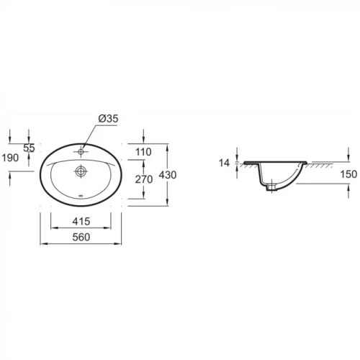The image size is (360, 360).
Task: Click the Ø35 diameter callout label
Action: tap(108, 119)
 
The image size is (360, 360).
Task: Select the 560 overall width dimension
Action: tap(81, 237)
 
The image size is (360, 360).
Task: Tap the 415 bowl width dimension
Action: tap(81, 221)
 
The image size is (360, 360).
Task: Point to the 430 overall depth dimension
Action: tap(168, 175)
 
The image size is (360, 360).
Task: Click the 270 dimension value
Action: tap(144, 179)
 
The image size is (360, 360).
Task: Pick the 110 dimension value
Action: tap(143, 152)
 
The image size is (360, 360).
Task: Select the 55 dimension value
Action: tap(29, 148)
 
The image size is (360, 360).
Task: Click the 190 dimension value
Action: tap(10, 158)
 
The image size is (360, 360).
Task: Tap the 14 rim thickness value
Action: tap(224, 163)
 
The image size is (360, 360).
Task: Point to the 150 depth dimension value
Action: tap(348, 174)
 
